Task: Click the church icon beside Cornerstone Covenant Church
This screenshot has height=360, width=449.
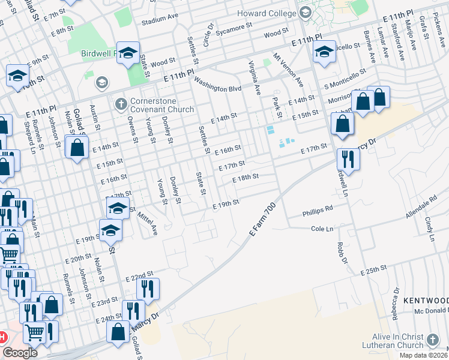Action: pos(121,104)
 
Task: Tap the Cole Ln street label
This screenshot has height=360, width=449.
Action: pos(322,229)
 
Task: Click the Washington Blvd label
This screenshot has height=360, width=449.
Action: pos(217,87)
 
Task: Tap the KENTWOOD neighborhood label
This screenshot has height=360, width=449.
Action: pos(426,300)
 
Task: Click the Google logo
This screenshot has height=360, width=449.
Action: pos(20,353)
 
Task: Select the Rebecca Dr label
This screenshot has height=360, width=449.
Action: pos(396,305)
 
